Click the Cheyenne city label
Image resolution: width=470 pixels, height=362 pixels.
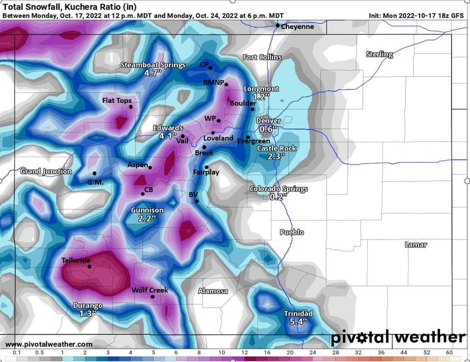[x=298, y=26]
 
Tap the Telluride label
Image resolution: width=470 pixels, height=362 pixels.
[x=76, y=260]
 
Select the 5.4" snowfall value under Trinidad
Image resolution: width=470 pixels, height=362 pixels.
[x=298, y=321]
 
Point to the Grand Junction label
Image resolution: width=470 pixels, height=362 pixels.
[x=46, y=171]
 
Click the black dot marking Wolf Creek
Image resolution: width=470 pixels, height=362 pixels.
[x=152, y=296]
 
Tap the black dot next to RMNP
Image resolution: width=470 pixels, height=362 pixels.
[x=226, y=85]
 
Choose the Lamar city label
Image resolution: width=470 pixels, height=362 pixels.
[x=416, y=244]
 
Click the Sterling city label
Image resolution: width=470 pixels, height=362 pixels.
[x=379, y=54]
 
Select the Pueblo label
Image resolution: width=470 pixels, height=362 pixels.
[x=292, y=232]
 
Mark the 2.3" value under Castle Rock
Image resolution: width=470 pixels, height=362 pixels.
[x=277, y=157]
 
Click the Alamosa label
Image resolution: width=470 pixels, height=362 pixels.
[x=213, y=291]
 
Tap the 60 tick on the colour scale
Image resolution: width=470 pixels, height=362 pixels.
[x=449, y=353]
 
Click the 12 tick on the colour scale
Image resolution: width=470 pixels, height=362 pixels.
[x=244, y=353]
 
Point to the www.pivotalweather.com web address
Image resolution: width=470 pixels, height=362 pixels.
[x=48, y=344]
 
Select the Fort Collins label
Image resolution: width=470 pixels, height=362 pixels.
[x=262, y=57]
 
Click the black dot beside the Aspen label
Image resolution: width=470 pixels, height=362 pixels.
[x=150, y=168]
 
